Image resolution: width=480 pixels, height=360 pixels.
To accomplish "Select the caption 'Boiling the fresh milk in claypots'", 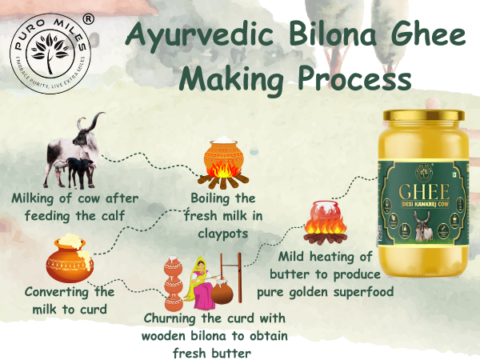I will tap(222, 214).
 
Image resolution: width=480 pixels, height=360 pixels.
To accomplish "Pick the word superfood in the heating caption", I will tap(357, 291).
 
